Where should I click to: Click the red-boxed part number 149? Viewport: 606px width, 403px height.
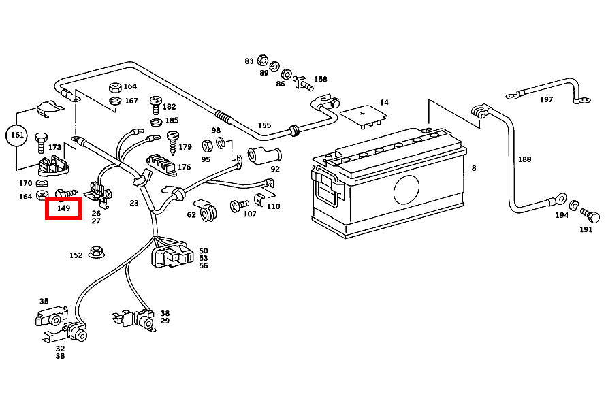[63, 208]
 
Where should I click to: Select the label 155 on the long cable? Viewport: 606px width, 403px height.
[264, 125]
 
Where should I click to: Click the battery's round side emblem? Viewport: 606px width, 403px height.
[407, 188]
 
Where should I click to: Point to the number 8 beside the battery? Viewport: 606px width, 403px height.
[474, 167]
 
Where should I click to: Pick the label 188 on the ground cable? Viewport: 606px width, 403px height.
[524, 159]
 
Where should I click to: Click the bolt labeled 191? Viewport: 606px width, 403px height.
[591, 216]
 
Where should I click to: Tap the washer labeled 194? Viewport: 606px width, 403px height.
[574, 205]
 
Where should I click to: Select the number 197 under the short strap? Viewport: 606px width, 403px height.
[546, 99]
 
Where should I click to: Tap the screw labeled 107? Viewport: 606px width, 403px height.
[238, 204]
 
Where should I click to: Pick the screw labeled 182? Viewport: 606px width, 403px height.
[156, 106]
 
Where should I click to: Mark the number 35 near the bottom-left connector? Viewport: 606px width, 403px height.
[44, 301]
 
